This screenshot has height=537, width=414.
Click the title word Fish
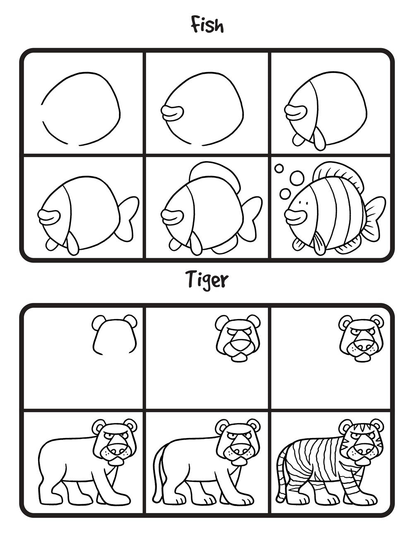pos(207,26)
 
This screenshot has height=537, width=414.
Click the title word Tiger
pos(207,280)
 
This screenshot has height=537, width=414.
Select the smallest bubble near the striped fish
pos(279,168)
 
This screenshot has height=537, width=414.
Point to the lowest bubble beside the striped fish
pos(285,194)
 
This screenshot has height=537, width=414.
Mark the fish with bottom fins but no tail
pos(327,110)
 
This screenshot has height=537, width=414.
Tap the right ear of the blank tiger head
pos(131,321)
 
